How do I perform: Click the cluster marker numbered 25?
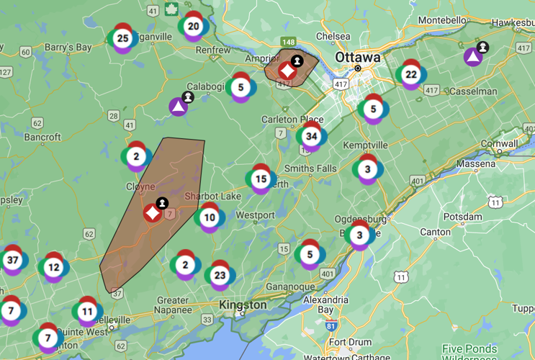coord(122,38)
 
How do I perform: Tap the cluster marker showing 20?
coord(193,27)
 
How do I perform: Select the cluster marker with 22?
coord(410,74)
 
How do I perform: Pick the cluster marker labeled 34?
coord(311,136)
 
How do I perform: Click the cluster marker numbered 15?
coord(261,179)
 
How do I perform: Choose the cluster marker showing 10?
coord(209,217)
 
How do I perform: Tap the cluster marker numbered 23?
coord(220,274)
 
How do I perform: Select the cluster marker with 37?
coord(12,260)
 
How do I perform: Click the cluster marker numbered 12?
coord(53,267)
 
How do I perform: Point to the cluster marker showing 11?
coord(86,312)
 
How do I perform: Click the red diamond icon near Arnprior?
coord(287,71)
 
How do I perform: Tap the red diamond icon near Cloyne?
coord(152,213)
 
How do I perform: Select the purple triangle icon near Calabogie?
coord(178,107)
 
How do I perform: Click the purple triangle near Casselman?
coord(472,56)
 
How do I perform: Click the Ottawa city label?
coord(357,57)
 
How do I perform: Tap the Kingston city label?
coord(243,305)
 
